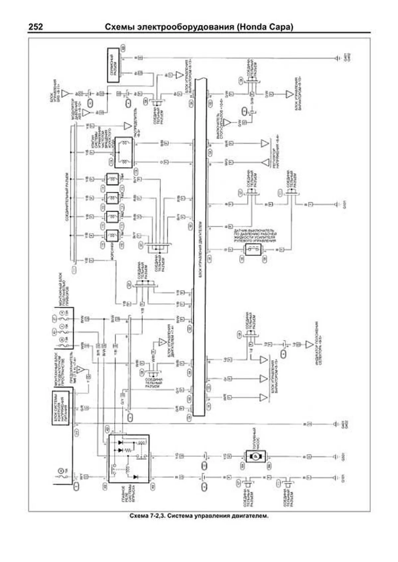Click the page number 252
(x=35, y=27)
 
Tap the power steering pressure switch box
(x=253, y=250)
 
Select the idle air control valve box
(x=123, y=153)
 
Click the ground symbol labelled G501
(x=337, y=457)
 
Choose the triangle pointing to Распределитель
(x=128, y=126)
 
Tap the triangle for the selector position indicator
(x=309, y=344)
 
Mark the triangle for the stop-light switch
(x=227, y=123)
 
